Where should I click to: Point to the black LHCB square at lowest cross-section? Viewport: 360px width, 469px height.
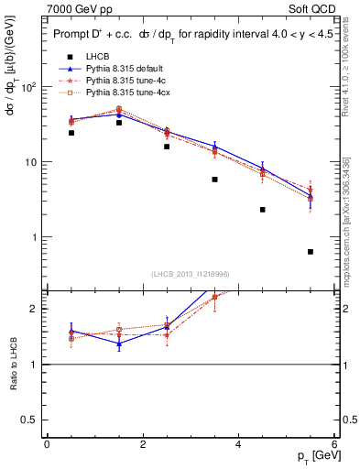(x=311, y=252)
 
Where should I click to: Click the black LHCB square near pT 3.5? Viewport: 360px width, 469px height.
(x=214, y=180)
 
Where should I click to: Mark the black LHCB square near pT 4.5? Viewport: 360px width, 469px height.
(x=263, y=210)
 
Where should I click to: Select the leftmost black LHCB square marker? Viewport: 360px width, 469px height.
(x=46, y=133)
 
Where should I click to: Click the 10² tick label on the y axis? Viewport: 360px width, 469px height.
(x=27, y=87)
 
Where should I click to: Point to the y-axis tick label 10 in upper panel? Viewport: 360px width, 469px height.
(x=28, y=162)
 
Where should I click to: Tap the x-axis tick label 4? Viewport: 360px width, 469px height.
(x=238, y=444)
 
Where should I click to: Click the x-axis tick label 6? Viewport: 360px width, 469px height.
(x=334, y=444)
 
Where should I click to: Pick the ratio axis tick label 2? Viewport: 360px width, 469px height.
(x=33, y=309)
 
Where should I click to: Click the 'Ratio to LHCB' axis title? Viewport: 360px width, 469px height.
(x=13, y=364)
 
